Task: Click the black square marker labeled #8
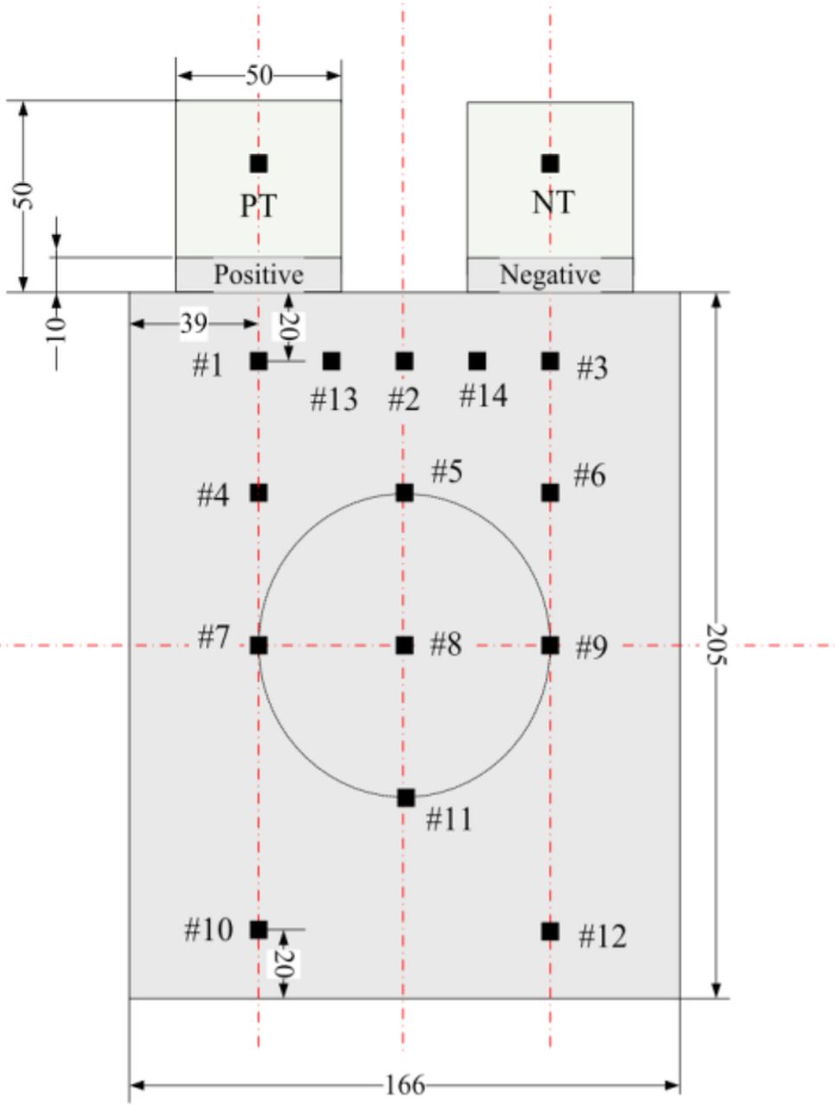click(404, 645)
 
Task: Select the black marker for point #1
click(258, 361)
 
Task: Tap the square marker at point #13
click(332, 361)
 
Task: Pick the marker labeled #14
click(477, 361)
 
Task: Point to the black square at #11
click(406, 798)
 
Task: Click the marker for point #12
click(550, 931)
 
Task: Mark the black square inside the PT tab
click(258, 163)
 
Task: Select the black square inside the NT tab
click(550, 163)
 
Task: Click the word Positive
click(258, 275)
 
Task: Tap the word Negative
click(550, 275)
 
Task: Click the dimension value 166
click(404, 1084)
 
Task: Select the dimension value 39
click(193, 324)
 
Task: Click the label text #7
click(213, 638)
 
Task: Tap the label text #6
click(590, 475)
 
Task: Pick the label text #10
click(208, 931)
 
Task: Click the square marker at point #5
click(404, 493)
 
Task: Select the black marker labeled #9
click(550, 645)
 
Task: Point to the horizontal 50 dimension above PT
click(258, 75)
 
